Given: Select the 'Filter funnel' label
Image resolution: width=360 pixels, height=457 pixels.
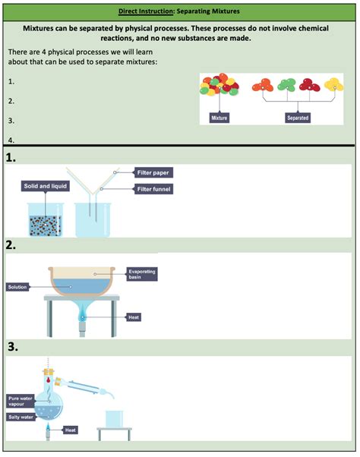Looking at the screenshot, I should tap(154, 188).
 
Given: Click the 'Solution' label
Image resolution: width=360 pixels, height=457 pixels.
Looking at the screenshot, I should tap(18, 287).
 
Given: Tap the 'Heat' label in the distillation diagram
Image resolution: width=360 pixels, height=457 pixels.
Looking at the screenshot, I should tap(71, 430).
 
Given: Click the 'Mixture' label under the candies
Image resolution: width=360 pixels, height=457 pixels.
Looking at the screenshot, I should tap(219, 118).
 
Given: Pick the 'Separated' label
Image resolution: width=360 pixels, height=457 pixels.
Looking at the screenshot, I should tap(297, 118).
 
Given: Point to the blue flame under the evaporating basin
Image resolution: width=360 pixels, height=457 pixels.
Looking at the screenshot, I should tap(81, 313).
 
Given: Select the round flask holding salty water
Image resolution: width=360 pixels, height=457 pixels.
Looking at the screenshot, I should tap(49, 407).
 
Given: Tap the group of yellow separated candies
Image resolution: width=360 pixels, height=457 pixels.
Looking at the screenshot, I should tap(333, 86).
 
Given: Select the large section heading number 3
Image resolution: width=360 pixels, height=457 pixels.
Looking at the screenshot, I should tap(12, 347).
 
